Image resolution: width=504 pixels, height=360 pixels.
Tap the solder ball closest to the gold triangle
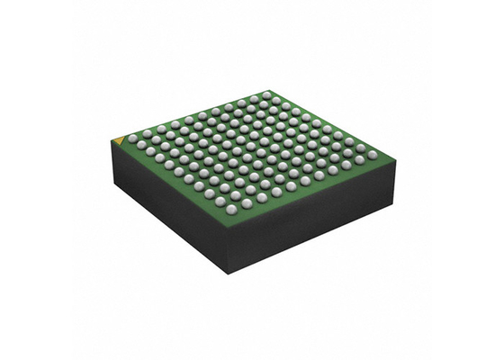pos(132,138)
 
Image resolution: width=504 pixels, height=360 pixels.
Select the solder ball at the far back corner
pos(266,94)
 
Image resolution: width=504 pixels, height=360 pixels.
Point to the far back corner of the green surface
pos(267,87)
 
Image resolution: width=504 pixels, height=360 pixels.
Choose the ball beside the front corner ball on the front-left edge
pos(220,202)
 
